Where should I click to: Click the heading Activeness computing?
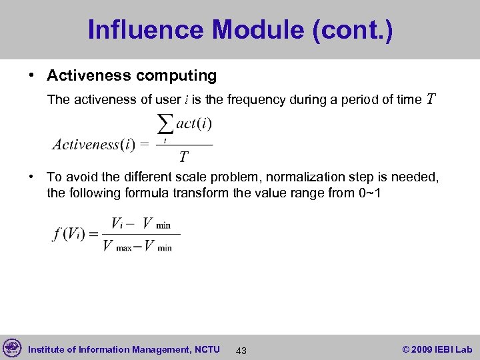pyautogui.click(x=131, y=76)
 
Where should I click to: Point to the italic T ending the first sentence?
pyautogui.click(x=431, y=100)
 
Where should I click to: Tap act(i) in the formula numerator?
pyautogui.click(x=194, y=125)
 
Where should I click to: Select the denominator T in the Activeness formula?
pyautogui.click(x=184, y=157)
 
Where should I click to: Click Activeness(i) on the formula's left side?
pyautogui.click(x=94, y=144)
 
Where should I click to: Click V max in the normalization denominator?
pyautogui.click(x=117, y=246)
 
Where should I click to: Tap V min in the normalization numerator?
pyautogui.click(x=157, y=223)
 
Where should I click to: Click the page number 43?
pyautogui.click(x=241, y=350)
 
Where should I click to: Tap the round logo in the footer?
pyautogui.click(x=12, y=348)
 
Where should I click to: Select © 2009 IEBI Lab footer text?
pyautogui.click(x=437, y=349)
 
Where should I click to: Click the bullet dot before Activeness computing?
pyautogui.click(x=31, y=76)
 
